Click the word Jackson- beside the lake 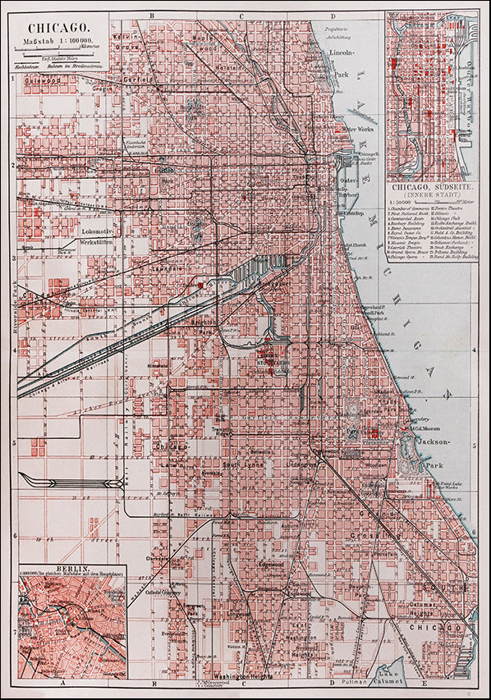(435, 442)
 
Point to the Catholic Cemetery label (160, 591)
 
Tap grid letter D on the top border (333, 16)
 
